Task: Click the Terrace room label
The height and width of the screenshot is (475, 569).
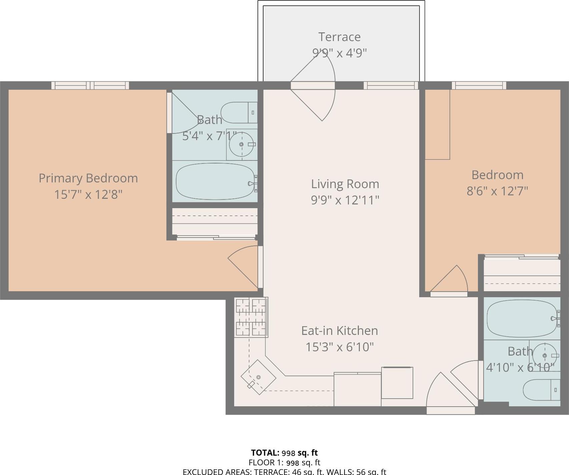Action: coord(339,37)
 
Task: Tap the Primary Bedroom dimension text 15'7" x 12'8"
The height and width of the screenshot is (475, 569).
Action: coord(88,194)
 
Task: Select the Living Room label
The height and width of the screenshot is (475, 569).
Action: coord(345,184)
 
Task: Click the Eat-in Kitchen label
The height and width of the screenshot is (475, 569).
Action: coord(340,331)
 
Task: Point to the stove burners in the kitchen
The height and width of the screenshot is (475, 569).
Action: coord(251,317)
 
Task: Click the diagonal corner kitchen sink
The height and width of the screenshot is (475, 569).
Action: coord(258,377)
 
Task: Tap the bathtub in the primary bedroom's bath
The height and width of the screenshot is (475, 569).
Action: coord(215,181)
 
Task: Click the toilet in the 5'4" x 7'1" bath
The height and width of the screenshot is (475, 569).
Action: coord(238,113)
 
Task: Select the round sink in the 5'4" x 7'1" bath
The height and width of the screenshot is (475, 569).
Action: coord(241,144)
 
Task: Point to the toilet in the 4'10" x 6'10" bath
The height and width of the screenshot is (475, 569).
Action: coord(540,390)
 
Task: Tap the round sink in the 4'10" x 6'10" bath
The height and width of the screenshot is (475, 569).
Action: coord(545,356)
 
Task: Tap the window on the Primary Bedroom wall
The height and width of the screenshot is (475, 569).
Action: coord(90,85)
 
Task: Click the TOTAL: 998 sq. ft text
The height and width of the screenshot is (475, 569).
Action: coord(284,453)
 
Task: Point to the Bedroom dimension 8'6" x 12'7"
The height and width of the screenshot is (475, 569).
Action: coord(497,191)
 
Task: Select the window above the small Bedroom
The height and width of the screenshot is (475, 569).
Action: coord(479,85)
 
